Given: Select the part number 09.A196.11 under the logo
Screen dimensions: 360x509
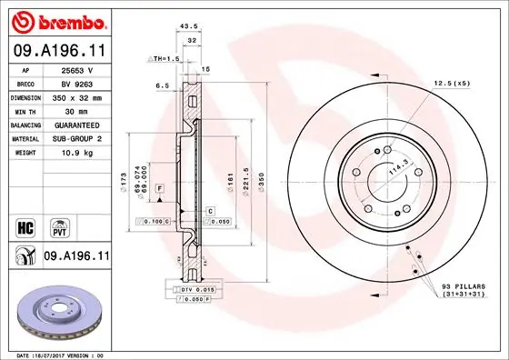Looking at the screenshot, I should point(59,52).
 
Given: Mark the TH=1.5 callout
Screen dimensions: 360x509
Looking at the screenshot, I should point(164,57).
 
